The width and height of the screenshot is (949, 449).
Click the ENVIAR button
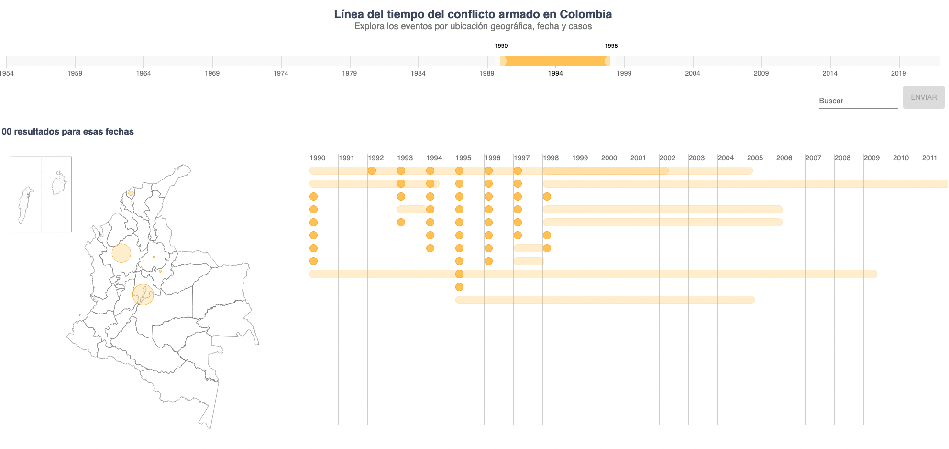(923, 97)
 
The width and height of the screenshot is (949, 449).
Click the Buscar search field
(858, 101)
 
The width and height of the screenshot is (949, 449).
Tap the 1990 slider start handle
(503, 61)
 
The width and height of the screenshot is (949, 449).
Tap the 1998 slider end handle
(607, 61)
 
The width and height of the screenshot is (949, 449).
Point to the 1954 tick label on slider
(7, 73)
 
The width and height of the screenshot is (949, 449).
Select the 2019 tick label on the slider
(898, 73)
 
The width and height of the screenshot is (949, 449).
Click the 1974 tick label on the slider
(281, 73)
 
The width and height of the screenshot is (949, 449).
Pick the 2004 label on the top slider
(692, 73)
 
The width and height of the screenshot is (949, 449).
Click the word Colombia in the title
(585, 14)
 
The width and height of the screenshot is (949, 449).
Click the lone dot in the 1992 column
(372, 171)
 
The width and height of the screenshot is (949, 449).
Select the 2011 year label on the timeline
(929, 158)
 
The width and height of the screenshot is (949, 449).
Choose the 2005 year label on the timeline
(755, 158)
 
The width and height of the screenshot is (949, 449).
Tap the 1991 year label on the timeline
(346, 158)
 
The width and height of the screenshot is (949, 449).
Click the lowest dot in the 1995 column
(459, 287)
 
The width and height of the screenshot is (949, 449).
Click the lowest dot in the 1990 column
(313, 261)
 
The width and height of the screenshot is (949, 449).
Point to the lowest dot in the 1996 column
(488, 261)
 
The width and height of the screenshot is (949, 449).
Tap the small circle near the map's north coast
(131, 193)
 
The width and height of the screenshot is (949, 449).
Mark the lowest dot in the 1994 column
(430, 248)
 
